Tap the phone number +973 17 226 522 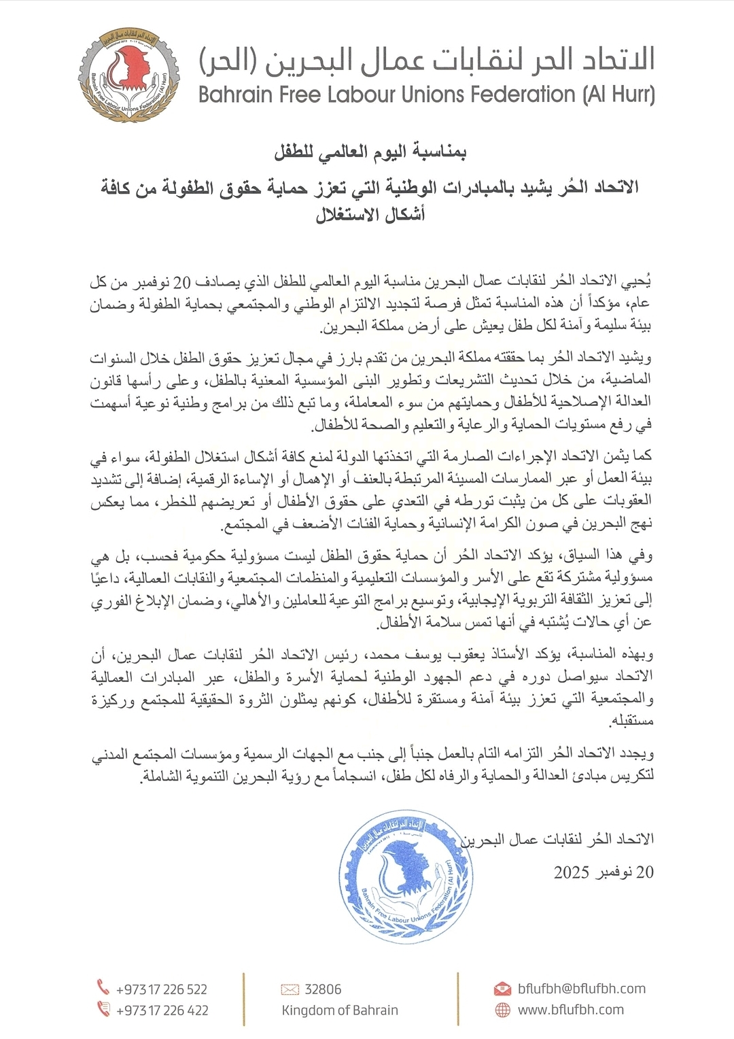162,989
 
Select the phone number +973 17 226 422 162,1010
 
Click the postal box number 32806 323,989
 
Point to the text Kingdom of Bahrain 340,1010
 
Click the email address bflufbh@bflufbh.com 582,989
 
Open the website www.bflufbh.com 571,1010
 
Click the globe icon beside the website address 502,1010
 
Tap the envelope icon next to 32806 290,989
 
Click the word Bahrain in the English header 235,95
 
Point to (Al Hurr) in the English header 618,95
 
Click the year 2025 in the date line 571,872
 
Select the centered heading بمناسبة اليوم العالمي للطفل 370,152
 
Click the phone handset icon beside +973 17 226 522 103,987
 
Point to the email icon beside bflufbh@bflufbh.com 502,989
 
